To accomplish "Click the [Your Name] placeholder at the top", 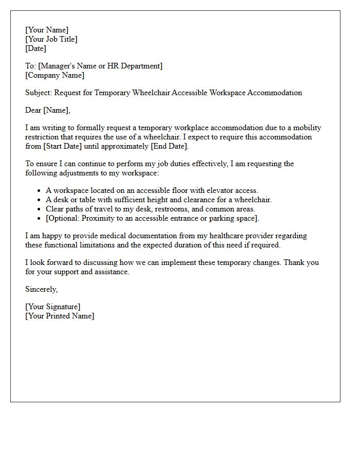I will [x=47, y=30].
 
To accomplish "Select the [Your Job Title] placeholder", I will [x=51, y=40].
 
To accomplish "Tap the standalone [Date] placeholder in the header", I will [x=35, y=49].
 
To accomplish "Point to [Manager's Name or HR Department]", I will [x=100, y=66].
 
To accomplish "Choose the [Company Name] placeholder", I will [x=55, y=76].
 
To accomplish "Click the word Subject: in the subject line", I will [x=39, y=93].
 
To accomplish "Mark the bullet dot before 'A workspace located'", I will [x=40, y=191].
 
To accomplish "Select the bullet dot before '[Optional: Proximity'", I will [x=40, y=219].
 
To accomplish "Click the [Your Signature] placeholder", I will [x=53, y=307].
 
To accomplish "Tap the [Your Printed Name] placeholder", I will [x=60, y=316].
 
